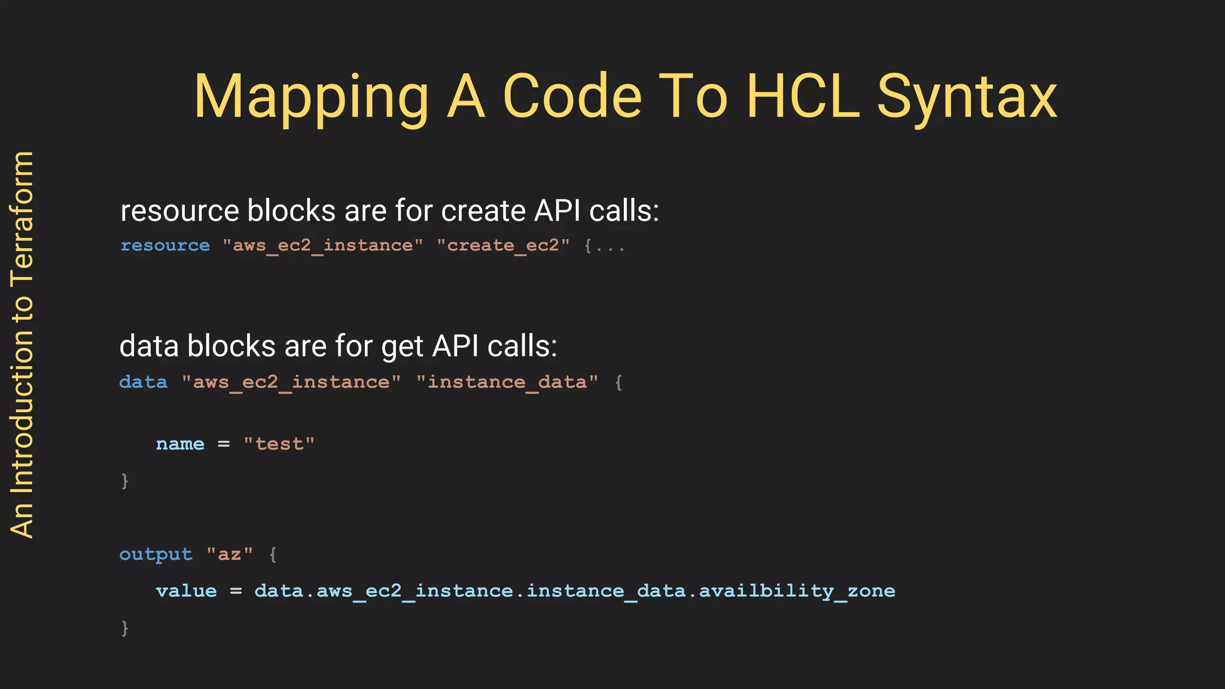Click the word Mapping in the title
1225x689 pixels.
[311, 97]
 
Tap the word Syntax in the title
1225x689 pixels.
[967, 97]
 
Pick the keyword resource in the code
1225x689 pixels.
[165, 246]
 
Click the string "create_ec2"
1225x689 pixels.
[503, 246]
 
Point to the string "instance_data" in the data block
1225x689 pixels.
[507, 382]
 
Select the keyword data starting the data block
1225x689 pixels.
[144, 382]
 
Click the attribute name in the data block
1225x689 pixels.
[180, 444]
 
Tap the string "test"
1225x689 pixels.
[279, 444]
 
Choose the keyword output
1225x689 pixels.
[156, 554]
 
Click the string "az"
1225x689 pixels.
[230, 554]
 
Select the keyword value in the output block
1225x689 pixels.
[186, 592]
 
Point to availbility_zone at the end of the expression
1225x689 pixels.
[797, 592]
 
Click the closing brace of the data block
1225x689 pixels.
[124, 481]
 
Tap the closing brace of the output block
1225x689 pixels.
[124, 628]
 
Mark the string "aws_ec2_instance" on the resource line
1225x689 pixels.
[323, 246]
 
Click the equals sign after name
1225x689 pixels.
[224, 444]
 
